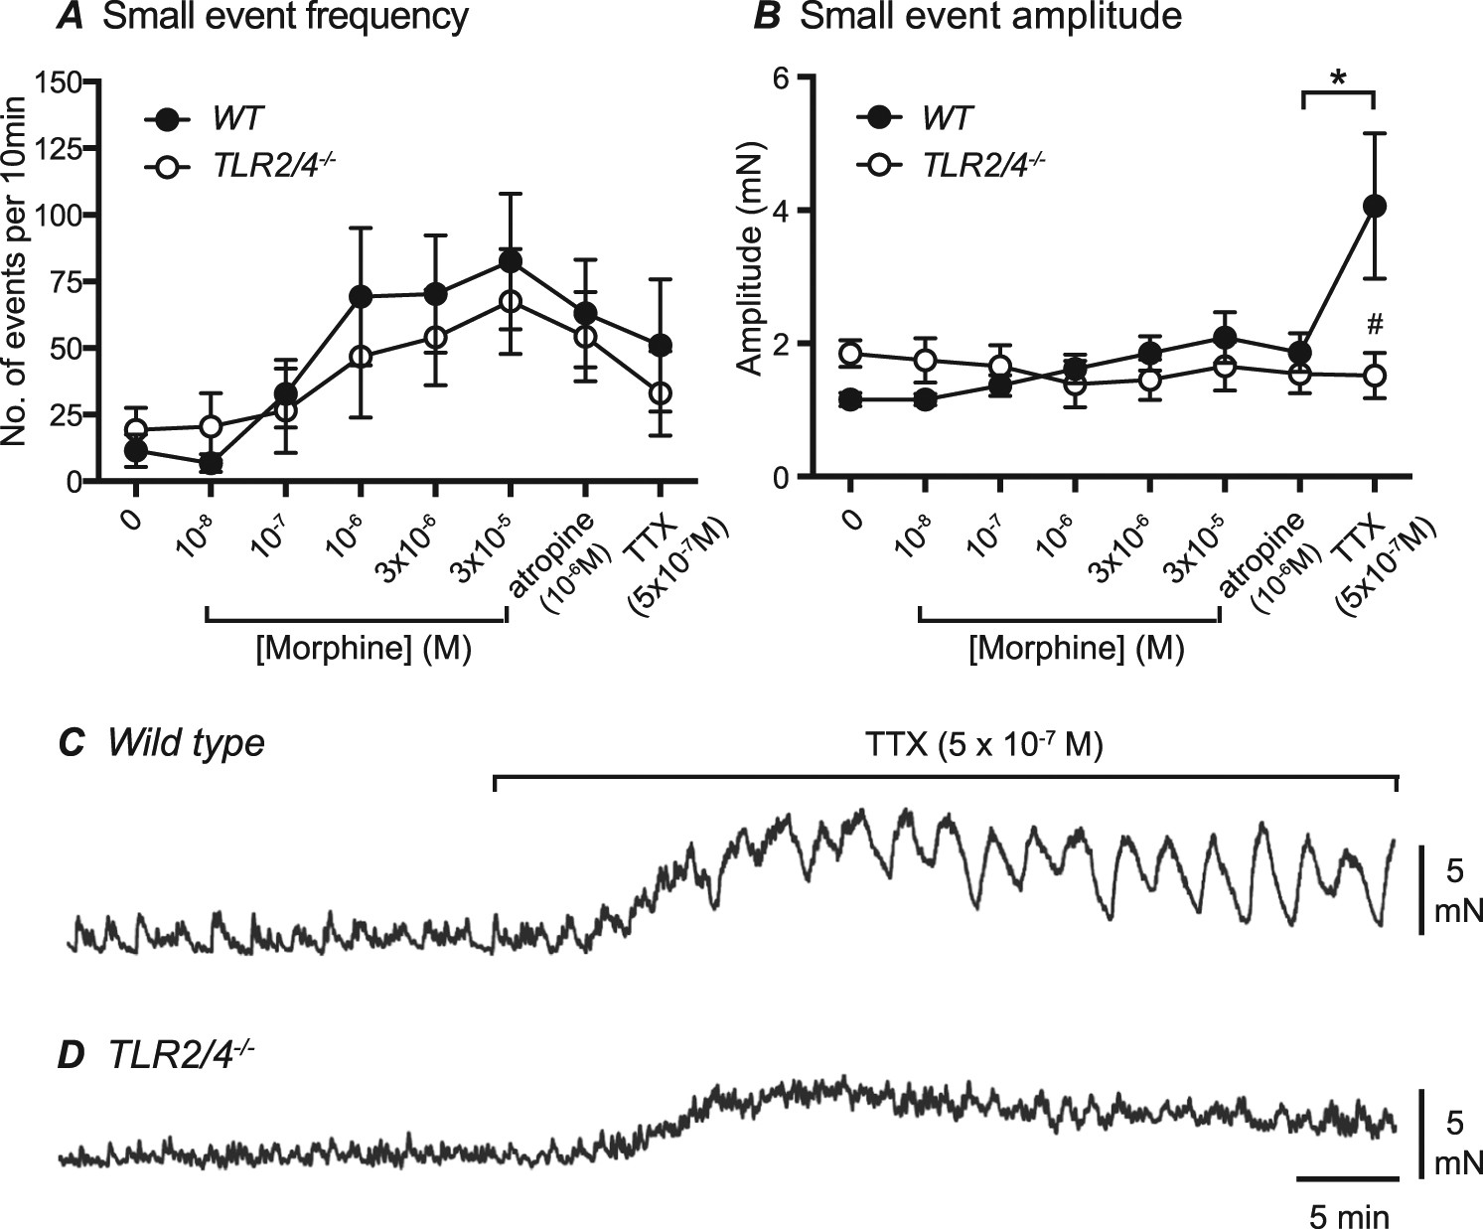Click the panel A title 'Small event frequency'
click(x=285, y=18)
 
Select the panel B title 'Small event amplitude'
click(x=991, y=18)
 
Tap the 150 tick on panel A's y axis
click(x=58, y=81)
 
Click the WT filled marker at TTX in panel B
click(x=1375, y=206)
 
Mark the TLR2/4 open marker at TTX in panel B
click(x=1375, y=376)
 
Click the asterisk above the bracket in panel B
click(x=1338, y=77)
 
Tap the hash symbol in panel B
click(x=1375, y=325)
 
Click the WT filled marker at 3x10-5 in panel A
click(x=510, y=261)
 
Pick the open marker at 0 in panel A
click(x=136, y=430)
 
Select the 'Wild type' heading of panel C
click(x=187, y=742)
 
